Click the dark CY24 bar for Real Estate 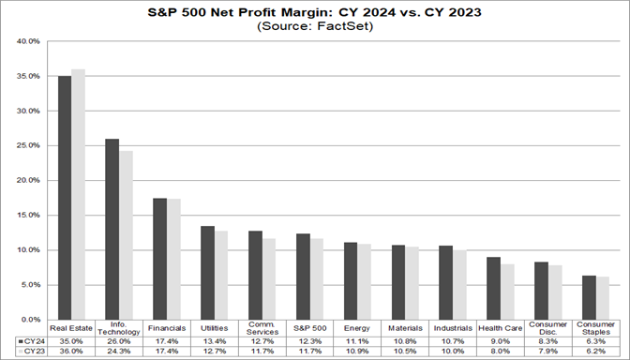[x=65, y=197]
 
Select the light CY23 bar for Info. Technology [x=126, y=234]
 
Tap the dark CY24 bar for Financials [x=159, y=258]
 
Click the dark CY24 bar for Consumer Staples [x=589, y=297]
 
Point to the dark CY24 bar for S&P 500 [x=303, y=276]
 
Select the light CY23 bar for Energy [x=365, y=281]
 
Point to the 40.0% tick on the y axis [x=28, y=42]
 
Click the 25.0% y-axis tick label [x=28, y=146]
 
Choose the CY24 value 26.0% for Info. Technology [x=118, y=342]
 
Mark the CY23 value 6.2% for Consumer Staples [x=594, y=352]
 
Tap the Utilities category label [x=214, y=329]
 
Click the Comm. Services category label [x=262, y=329]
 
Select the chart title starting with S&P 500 [x=315, y=12]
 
